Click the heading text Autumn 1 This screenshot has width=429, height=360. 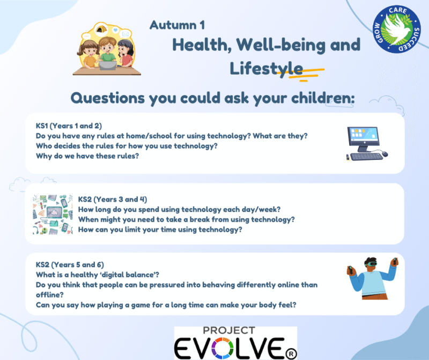point(177,25)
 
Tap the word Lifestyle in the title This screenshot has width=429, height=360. point(266,69)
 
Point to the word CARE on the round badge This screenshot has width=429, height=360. point(398,10)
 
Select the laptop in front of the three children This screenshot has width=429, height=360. point(108,65)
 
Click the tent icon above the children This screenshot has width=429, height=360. point(101,29)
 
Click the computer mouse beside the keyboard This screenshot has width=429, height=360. point(384,154)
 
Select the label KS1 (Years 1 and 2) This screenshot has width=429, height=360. point(69,126)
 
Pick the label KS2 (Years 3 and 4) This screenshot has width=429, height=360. point(113,199)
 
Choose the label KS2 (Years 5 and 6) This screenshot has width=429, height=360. point(70,265)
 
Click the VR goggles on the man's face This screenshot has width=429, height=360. point(371,264)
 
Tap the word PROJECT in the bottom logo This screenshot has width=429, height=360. point(229,330)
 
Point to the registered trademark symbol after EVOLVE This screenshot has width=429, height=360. point(291,354)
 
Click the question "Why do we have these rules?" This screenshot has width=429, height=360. point(87,156)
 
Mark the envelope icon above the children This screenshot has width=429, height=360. point(125,34)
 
